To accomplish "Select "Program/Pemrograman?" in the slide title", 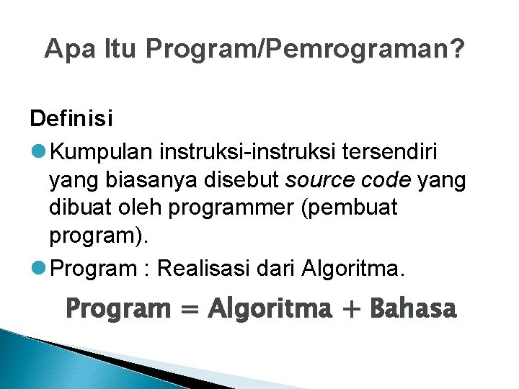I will [x=305, y=50].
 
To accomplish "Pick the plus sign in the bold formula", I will [x=351, y=310].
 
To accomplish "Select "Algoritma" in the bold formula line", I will [x=270, y=309].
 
